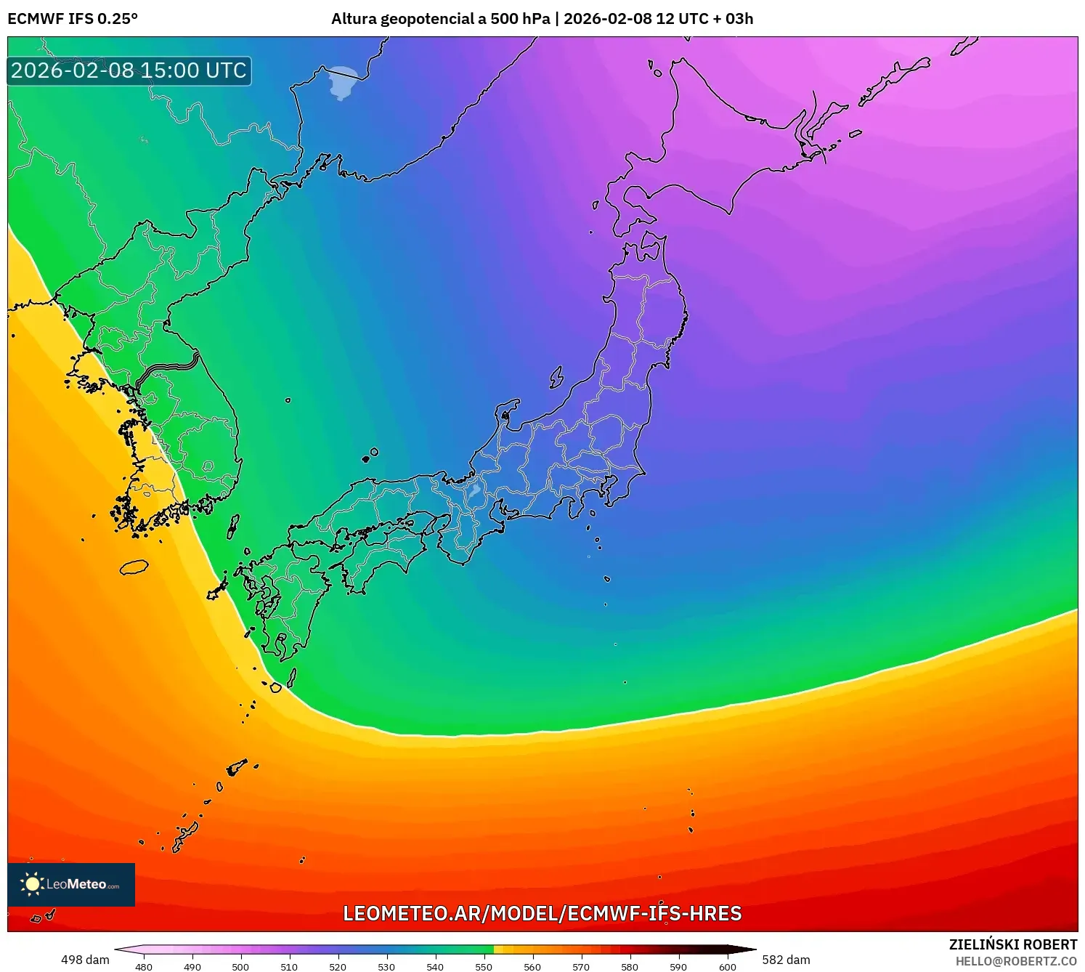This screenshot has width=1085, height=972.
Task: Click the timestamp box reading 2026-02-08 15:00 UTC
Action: tap(129, 70)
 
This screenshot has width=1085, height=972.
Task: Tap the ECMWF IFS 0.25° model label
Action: tap(72, 19)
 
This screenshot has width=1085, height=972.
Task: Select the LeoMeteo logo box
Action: tap(71, 884)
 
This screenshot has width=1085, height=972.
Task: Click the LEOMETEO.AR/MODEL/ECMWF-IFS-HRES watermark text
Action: tap(542, 913)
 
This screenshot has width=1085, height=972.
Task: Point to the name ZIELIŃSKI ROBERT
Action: tap(1012, 944)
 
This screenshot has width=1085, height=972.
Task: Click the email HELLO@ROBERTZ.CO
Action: tap(1015, 961)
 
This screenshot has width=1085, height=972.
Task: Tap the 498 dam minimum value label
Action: tap(85, 960)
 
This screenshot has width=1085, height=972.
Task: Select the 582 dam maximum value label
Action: tap(786, 960)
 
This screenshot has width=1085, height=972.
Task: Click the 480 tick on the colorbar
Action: tap(144, 966)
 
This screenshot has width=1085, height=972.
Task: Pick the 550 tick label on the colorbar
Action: tap(484, 966)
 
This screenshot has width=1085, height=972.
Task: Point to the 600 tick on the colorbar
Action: tap(727, 966)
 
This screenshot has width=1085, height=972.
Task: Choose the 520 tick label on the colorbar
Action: tap(338, 966)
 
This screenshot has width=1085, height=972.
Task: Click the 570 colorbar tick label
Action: tap(581, 966)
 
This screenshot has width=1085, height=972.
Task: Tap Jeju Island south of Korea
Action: tap(134, 567)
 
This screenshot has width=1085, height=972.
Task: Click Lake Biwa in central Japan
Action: tap(474, 492)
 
